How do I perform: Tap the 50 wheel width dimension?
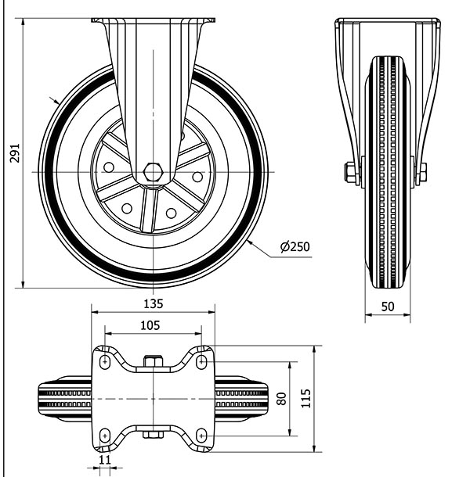[x=387, y=307]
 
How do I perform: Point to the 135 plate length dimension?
[x=154, y=303]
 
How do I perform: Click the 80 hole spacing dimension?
[x=281, y=398]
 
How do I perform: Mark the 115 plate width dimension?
[x=305, y=398]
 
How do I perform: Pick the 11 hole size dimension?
[x=105, y=461]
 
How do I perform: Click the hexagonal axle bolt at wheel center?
[x=154, y=171]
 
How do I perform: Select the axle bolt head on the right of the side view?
[x=421, y=171]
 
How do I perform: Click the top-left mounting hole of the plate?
[x=104, y=361]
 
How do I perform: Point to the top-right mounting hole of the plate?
[x=202, y=361]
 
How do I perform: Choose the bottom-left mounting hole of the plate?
[x=104, y=434]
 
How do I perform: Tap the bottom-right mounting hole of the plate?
[x=202, y=434]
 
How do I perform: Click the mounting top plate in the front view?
[x=153, y=20]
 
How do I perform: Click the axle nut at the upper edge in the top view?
[x=153, y=361]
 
